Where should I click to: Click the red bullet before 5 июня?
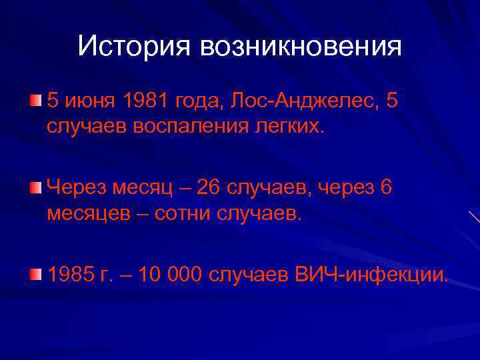coord(35,101)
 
